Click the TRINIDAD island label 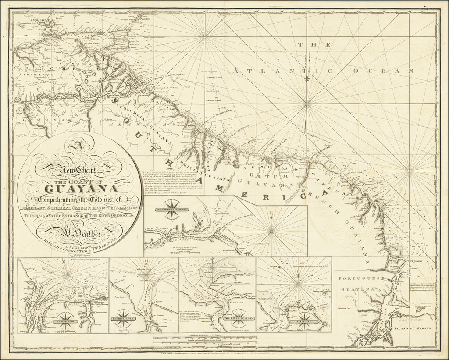[x=120, y=39]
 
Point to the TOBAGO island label [x=145, y=19]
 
